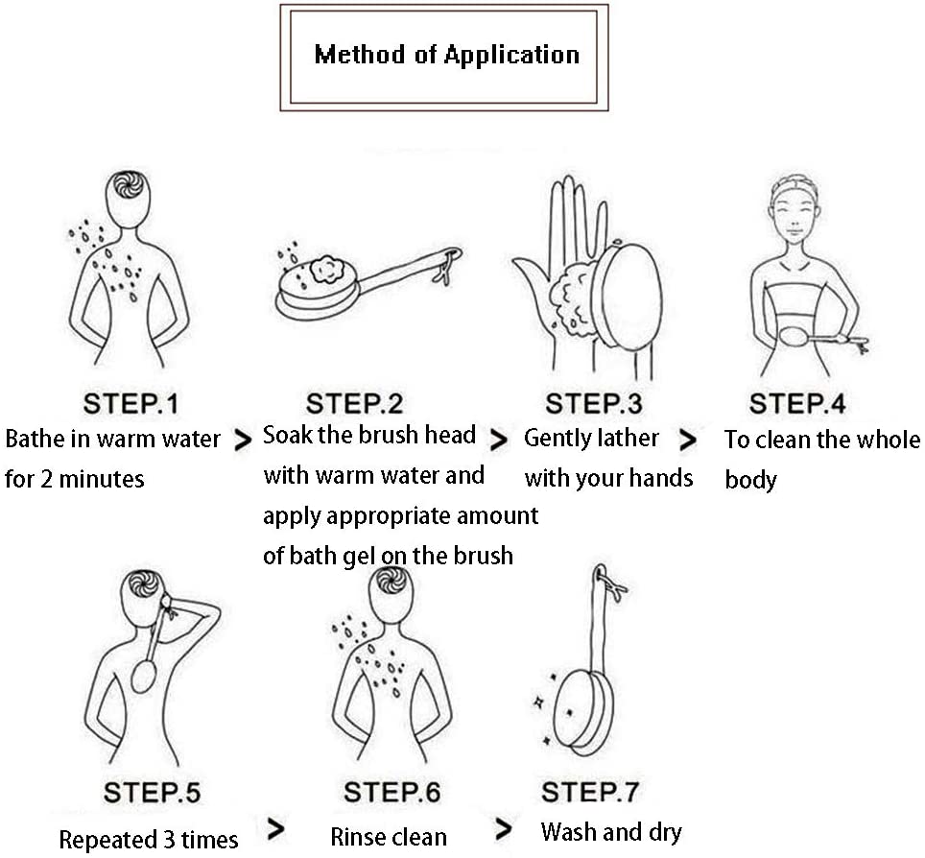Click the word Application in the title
511,54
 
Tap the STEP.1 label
130,403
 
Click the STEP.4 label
797,403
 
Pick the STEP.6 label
391,794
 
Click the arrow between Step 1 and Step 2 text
244,441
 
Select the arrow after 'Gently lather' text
688,441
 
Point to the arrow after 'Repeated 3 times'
275,828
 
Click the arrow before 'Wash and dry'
503,828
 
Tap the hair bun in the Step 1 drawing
129,184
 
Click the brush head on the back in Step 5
143,674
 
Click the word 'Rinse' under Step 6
358,837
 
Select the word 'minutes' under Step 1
106,478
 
